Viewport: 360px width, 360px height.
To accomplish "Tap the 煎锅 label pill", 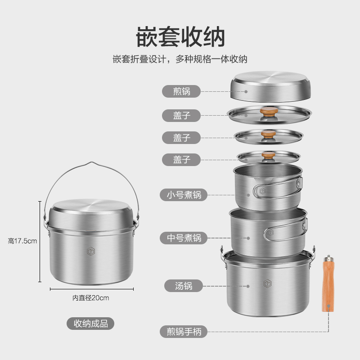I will click(x=182, y=91).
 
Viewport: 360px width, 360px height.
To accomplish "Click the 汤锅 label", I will click(x=182, y=285).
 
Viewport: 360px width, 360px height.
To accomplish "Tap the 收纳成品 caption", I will click(x=90, y=323).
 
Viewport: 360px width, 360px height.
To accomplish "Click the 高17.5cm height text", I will click(x=22, y=241).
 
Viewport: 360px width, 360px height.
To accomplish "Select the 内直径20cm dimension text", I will click(x=90, y=297).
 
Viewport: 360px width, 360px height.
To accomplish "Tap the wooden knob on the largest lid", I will click(x=269, y=112).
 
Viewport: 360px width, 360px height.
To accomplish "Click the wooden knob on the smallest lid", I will click(x=269, y=155).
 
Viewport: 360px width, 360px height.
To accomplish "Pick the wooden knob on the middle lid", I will click(x=269, y=134).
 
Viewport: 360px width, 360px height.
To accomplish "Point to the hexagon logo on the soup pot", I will click(x=267, y=283).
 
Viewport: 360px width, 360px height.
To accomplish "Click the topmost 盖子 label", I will click(x=182, y=115).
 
